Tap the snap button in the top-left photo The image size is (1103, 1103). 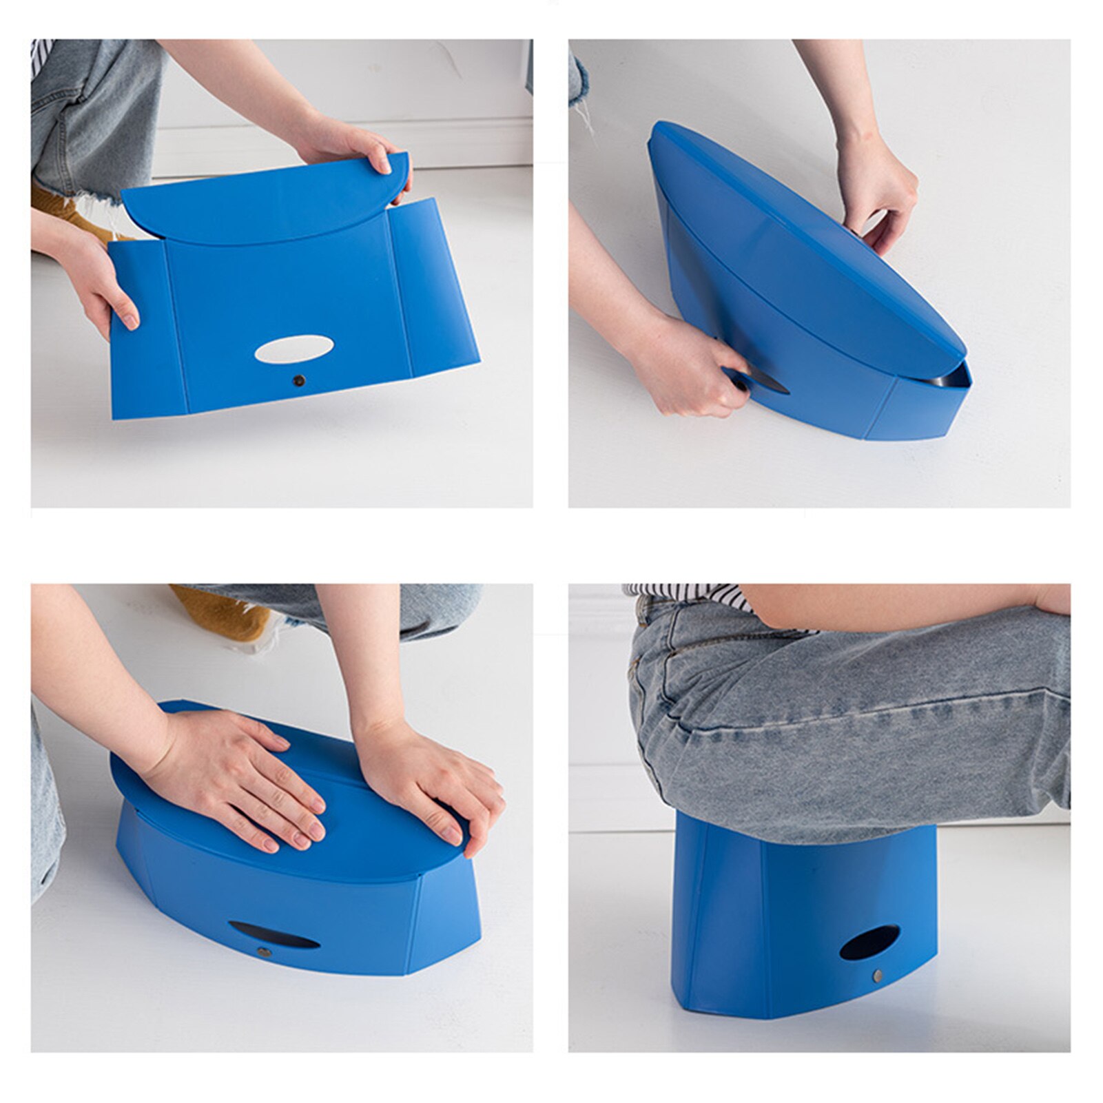298,380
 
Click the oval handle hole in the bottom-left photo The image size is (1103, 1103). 274,934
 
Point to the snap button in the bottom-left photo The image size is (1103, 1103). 262,952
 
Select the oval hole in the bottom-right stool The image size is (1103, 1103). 869,943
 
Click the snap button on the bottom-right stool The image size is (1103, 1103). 878,976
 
